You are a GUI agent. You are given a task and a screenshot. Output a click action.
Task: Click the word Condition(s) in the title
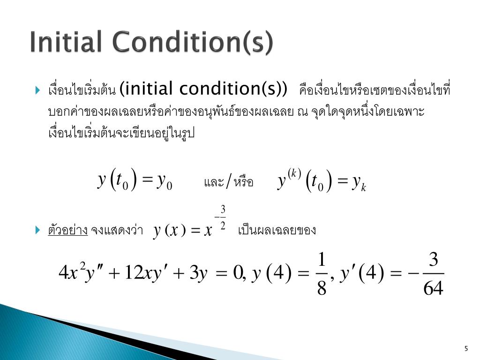tap(191, 43)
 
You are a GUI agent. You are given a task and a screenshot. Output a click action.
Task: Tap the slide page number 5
tap(466, 348)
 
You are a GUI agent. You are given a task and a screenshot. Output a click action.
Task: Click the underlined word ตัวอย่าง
tap(68, 230)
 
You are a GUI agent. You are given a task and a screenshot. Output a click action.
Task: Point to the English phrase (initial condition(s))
tap(203, 88)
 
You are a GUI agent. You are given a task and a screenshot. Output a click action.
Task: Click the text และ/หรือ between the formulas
tap(229, 182)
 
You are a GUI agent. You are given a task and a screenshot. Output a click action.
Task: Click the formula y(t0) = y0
tap(135, 181)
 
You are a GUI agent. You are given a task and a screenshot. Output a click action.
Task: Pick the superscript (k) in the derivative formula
tap(294, 173)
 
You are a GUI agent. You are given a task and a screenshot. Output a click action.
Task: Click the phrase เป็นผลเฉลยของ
tap(277, 230)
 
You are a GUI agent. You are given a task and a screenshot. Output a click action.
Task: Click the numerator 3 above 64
tap(434, 260)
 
